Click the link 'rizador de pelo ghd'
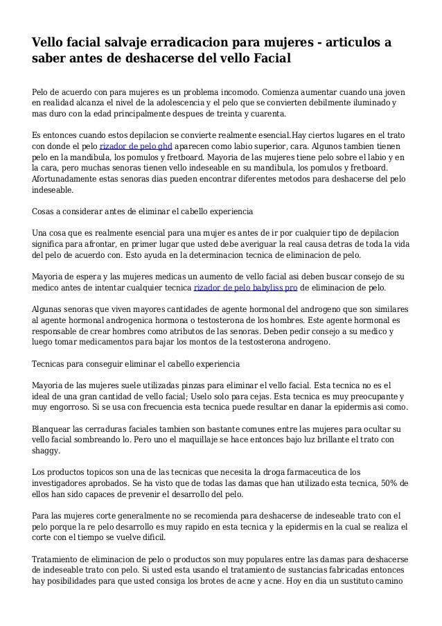tap(136, 147)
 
